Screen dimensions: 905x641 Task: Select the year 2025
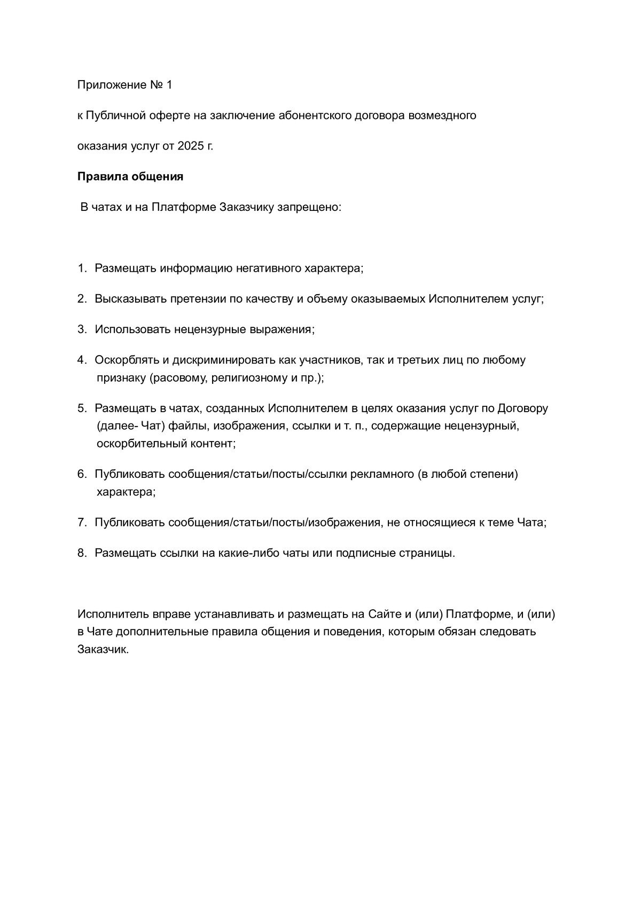click(x=191, y=146)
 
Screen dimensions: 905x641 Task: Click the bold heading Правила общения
click(x=130, y=177)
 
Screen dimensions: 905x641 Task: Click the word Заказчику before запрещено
click(x=246, y=207)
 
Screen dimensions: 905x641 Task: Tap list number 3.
click(x=82, y=329)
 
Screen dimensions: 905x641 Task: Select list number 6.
click(x=82, y=474)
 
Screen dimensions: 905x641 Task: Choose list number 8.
click(x=82, y=553)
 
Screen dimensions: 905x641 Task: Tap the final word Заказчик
click(x=103, y=650)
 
